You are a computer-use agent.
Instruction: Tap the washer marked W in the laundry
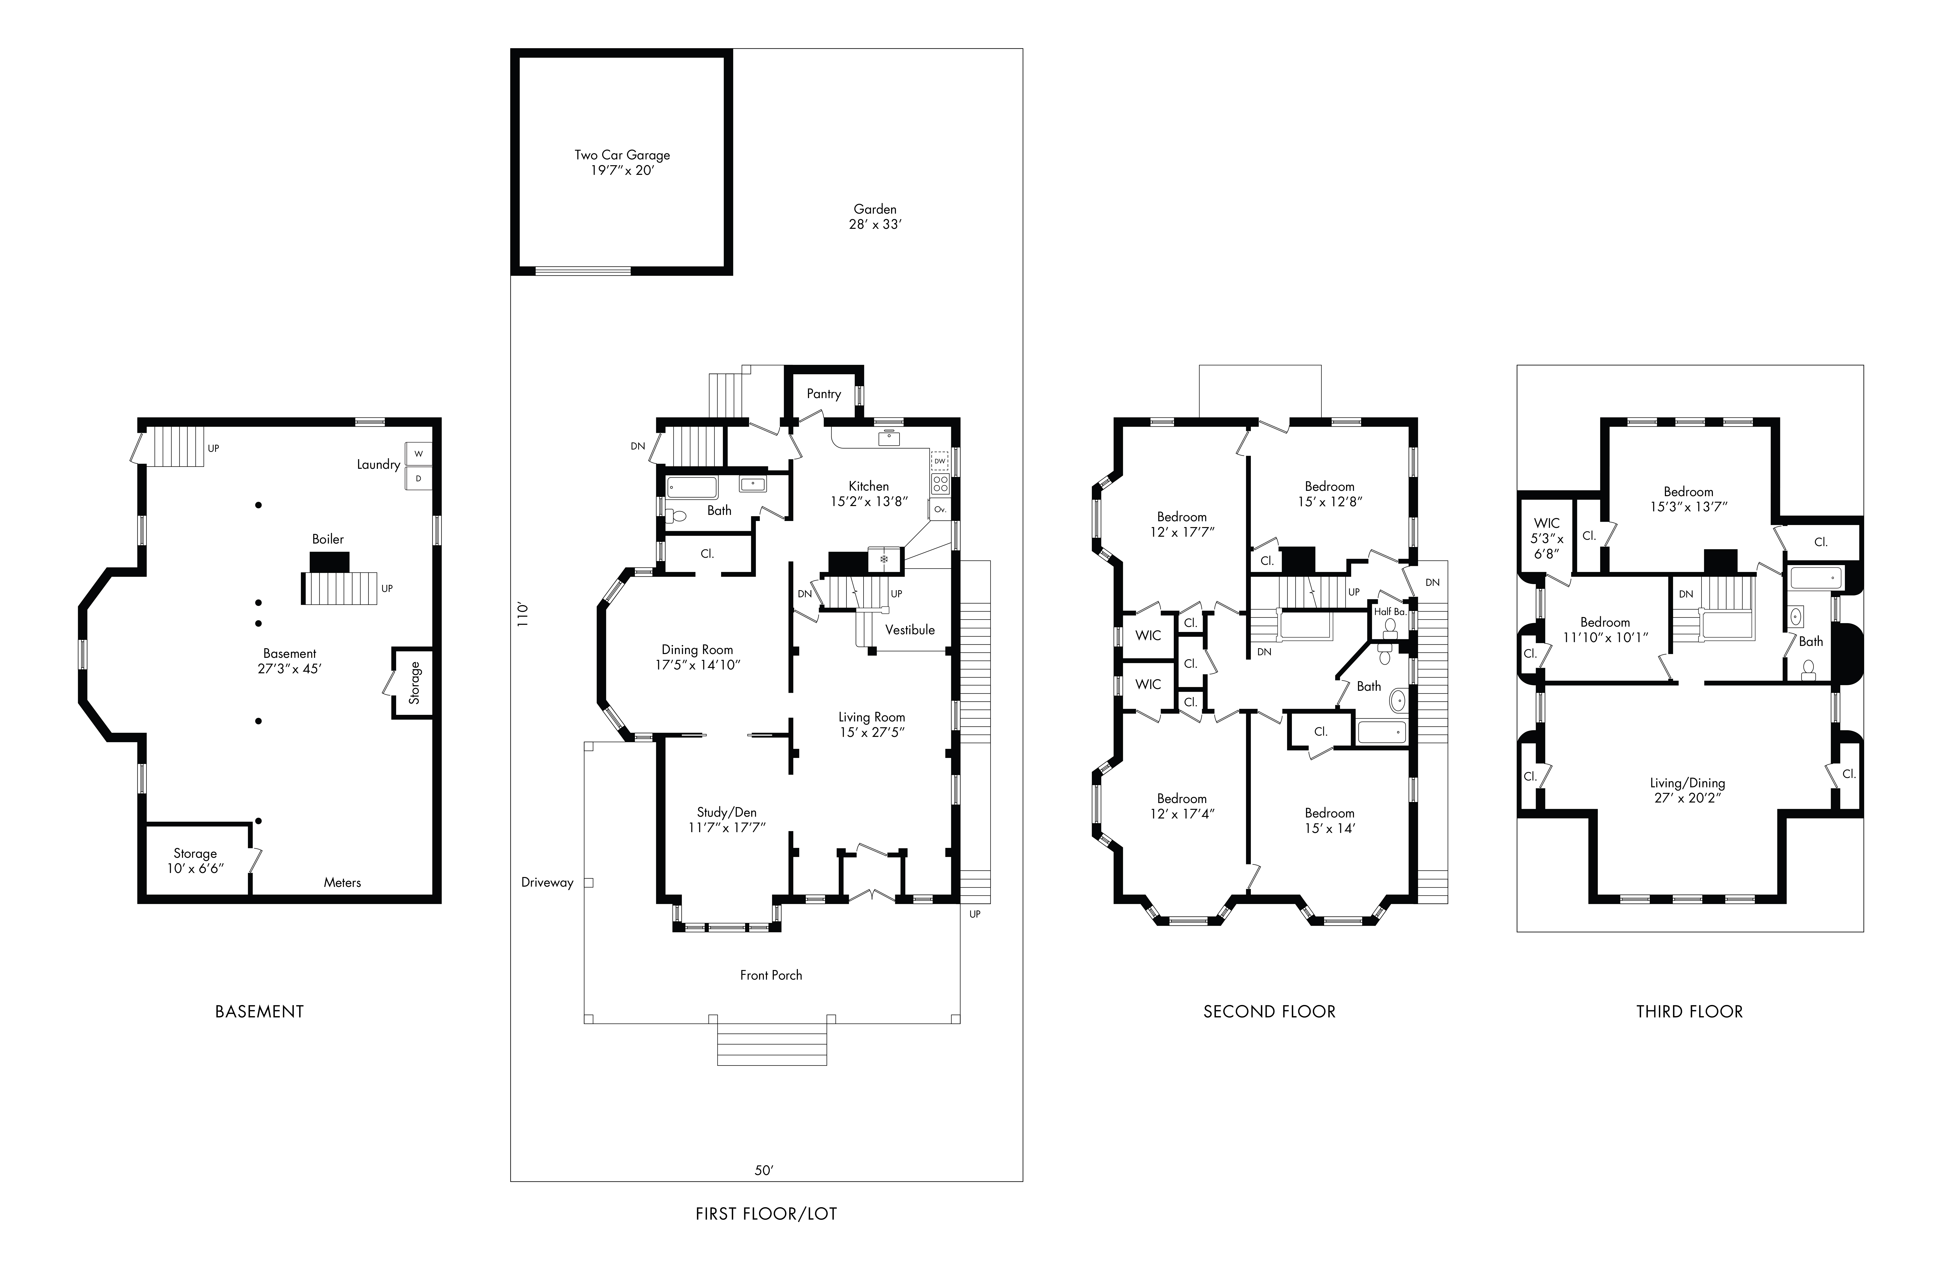pos(419,454)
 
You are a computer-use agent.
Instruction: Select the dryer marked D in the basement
pos(419,478)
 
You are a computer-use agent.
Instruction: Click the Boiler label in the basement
pos(328,539)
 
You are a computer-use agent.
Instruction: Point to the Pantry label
pos(823,394)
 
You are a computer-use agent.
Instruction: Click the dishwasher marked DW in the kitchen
pos(940,461)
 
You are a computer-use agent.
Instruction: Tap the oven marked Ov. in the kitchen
pos(940,509)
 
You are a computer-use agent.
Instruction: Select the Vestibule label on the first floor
pos(910,630)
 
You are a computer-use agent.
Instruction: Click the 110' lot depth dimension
pos(523,614)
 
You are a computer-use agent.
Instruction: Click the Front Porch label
pos(771,975)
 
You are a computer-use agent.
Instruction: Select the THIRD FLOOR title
pos(1689,1012)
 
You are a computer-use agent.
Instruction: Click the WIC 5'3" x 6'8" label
pos(1546,538)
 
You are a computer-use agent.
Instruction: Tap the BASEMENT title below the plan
pos(260,1012)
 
